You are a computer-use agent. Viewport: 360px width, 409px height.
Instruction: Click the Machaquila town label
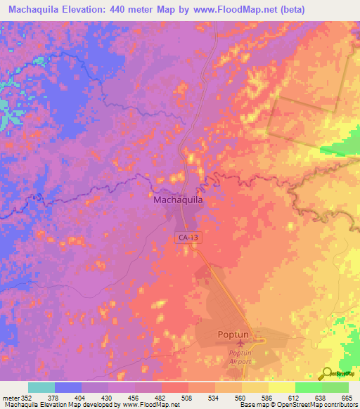(x=178, y=200)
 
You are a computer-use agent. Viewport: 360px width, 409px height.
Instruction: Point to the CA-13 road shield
(x=187, y=238)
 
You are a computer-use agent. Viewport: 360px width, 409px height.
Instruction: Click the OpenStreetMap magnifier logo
(x=328, y=374)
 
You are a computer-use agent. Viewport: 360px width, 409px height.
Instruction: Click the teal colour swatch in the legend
(x=41, y=387)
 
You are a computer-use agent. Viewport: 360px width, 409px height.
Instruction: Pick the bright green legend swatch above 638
(x=309, y=387)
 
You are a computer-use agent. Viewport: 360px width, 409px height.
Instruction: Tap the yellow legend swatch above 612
(x=282, y=387)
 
